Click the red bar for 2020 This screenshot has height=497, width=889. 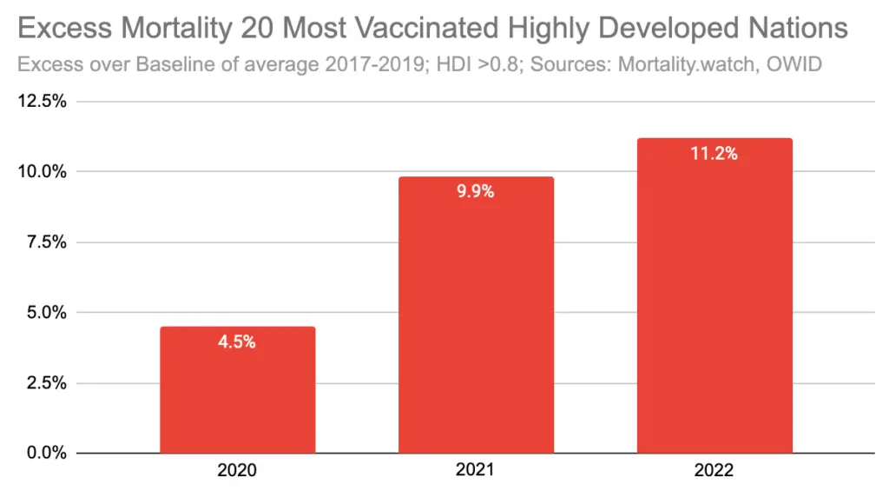pos(237,390)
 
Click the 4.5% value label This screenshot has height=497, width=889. pos(237,342)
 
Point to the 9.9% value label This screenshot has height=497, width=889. pos(476,192)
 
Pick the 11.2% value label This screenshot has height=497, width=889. pos(714,154)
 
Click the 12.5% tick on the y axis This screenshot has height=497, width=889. pos(43,101)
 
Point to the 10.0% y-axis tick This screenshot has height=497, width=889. pos(43,171)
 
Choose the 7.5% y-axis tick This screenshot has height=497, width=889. pos(47,242)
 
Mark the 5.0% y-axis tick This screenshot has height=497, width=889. pos(47,312)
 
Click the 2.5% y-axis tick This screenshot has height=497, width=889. pos(47,382)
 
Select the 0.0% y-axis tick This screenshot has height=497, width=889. pos(47,453)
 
